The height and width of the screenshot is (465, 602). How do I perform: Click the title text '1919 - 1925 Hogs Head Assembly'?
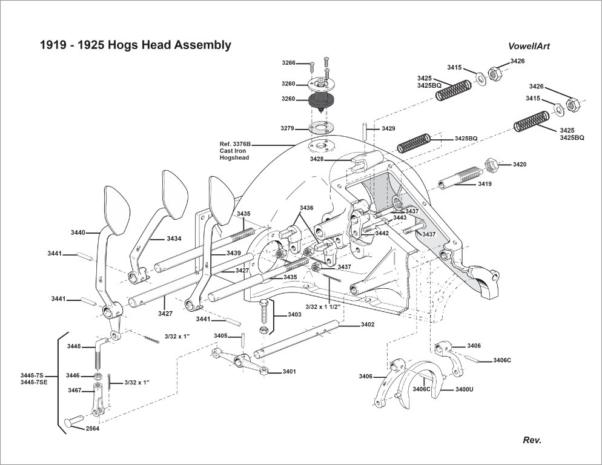(135, 45)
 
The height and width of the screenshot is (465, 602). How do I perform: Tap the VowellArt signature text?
(529, 46)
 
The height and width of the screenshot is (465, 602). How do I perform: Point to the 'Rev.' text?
(532, 440)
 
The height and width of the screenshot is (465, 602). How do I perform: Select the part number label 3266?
(288, 63)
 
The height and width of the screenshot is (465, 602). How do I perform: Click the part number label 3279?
(288, 128)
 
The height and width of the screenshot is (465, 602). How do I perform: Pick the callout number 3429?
(388, 129)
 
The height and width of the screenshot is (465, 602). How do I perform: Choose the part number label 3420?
(520, 164)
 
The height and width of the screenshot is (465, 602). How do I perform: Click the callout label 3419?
(485, 183)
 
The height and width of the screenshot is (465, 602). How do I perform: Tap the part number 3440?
(78, 232)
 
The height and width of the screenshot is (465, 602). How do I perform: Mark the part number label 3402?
(367, 325)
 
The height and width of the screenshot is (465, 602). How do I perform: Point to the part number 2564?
(93, 428)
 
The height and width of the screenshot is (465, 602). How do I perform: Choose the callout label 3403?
(294, 315)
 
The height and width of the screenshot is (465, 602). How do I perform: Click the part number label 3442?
(382, 233)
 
